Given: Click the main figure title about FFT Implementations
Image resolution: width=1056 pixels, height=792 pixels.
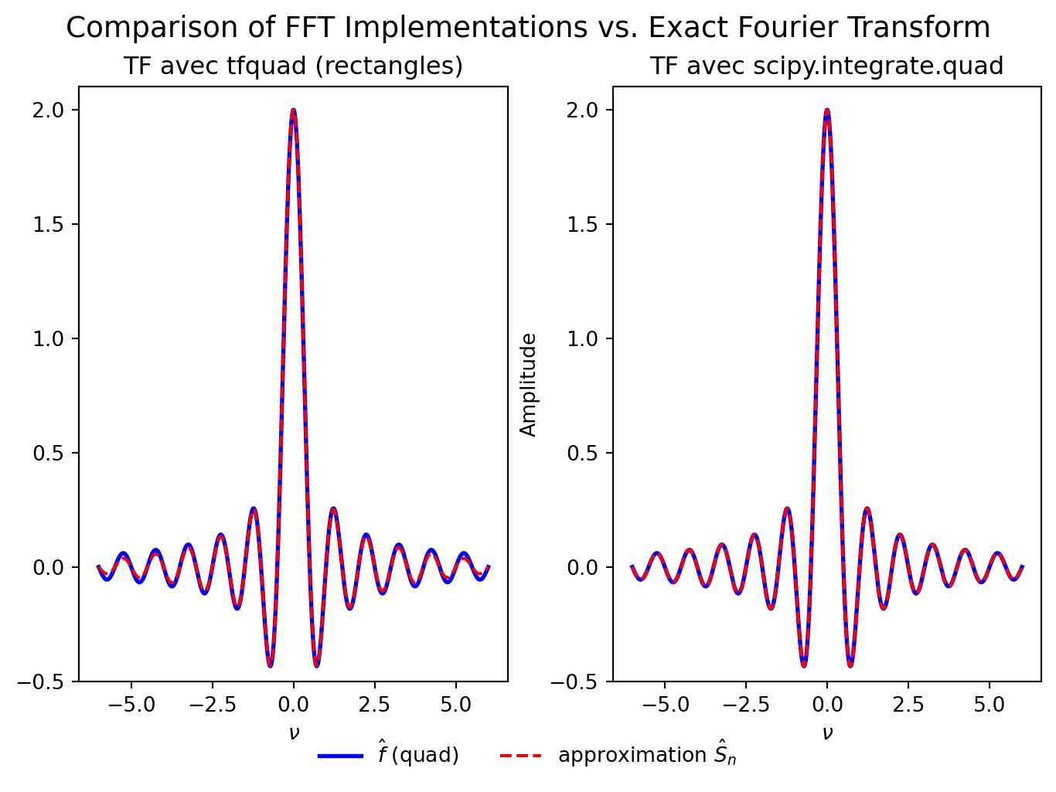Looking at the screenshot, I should point(528,28).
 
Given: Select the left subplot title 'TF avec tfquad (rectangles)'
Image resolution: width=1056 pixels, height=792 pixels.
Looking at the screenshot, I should point(293,66).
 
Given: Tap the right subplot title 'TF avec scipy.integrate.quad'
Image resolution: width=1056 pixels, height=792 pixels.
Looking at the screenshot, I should point(826,66).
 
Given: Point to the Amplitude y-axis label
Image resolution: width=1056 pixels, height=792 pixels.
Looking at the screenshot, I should point(529,385).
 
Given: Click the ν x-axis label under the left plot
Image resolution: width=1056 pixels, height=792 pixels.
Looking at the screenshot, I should point(293,733).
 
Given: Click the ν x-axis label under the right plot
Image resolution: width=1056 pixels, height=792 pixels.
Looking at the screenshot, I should point(827,733).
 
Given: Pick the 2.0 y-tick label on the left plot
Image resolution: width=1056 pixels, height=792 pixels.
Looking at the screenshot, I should point(56,110).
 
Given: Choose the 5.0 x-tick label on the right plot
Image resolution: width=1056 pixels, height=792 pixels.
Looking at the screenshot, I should point(990,706).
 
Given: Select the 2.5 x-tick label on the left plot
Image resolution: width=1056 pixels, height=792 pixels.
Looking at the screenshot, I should point(374,706).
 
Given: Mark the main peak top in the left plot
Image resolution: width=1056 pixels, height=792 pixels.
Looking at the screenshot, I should point(293,110).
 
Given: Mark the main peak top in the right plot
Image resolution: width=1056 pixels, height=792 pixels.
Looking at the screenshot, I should point(827,110).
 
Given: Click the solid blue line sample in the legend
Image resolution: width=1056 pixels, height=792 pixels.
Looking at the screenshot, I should point(340,756).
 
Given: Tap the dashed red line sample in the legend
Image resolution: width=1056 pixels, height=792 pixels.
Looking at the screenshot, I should point(520,756).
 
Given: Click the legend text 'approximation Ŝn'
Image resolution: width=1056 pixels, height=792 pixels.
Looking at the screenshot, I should point(647,756).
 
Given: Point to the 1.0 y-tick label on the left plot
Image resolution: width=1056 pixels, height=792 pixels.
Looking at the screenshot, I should point(56,338).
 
